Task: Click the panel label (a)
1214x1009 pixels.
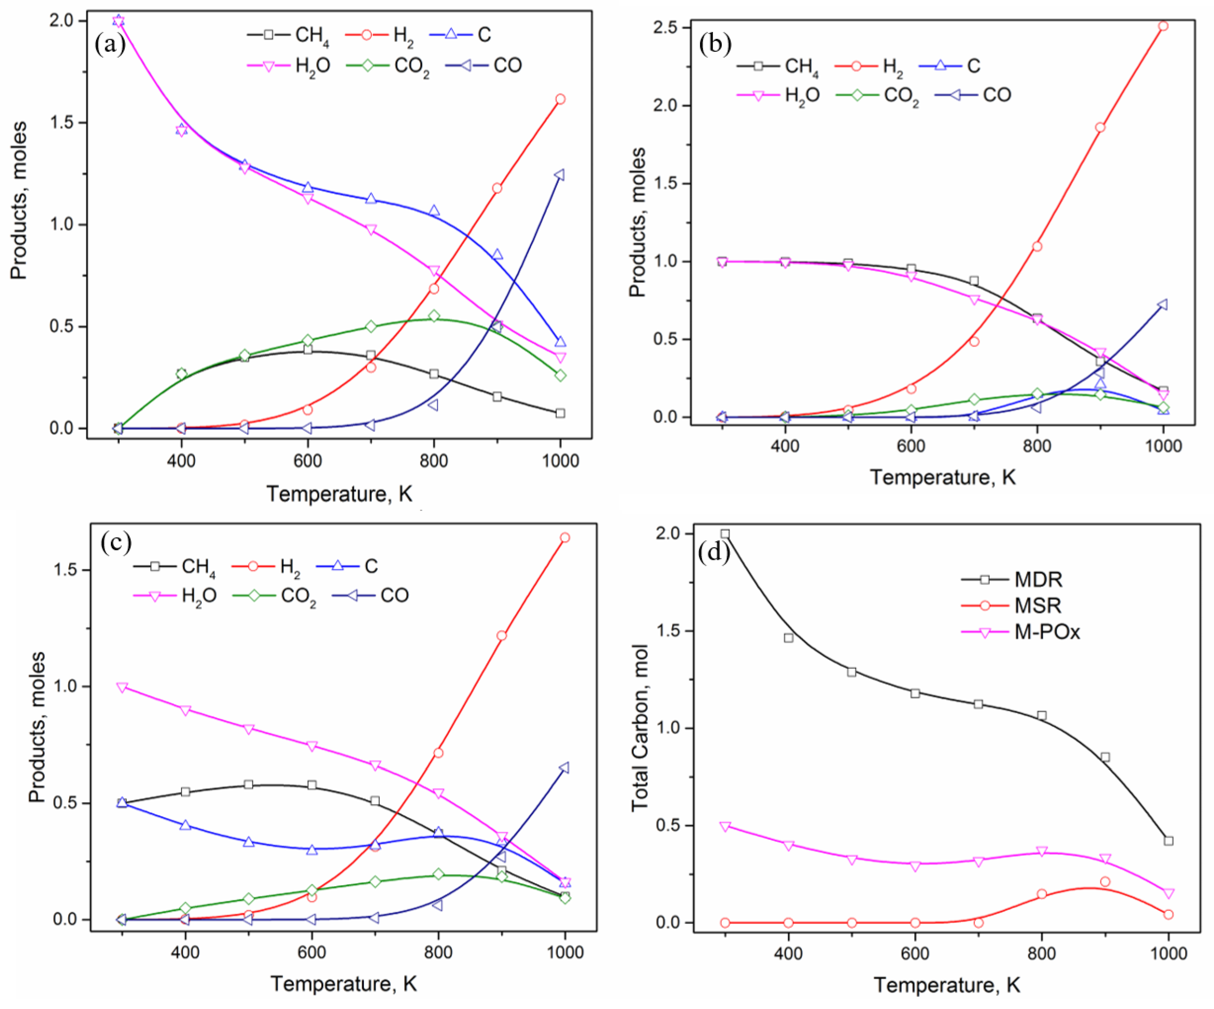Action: click(109, 44)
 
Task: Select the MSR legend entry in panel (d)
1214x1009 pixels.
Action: click(1038, 605)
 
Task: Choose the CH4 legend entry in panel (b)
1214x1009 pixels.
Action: click(801, 66)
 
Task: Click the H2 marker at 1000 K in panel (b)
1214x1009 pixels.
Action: click(1163, 26)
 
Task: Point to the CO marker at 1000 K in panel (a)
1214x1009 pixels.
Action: click(559, 175)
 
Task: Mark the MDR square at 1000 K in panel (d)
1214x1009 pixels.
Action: click(1168, 841)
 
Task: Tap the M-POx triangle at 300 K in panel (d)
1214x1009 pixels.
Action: click(725, 826)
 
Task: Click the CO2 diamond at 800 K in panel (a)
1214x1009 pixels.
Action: click(434, 316)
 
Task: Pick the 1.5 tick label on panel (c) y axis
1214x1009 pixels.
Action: click(65, 570)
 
